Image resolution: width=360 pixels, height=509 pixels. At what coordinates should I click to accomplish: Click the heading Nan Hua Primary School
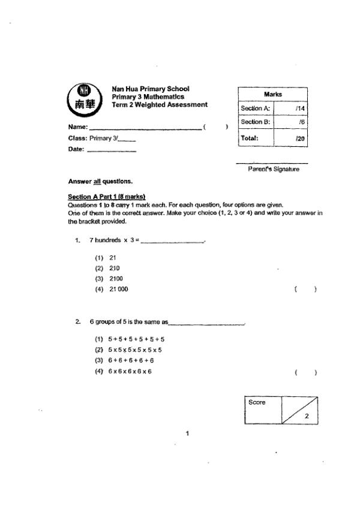pos(151,89)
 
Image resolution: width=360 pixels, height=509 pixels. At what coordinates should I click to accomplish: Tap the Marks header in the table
pos(273,95)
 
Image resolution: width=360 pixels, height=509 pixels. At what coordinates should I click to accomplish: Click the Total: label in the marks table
pos(250,137)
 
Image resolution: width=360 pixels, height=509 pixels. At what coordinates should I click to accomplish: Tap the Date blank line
pos(112,150)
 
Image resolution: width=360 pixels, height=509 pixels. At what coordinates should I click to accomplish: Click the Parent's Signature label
pos(274,169)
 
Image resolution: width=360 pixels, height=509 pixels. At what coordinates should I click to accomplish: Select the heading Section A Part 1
pos(107,197)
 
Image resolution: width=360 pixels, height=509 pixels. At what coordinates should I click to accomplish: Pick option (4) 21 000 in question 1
pos(112,289)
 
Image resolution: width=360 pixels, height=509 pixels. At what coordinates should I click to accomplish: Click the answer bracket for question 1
pos(306,290)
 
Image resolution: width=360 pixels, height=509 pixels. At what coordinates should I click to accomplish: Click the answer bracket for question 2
pos(306,372)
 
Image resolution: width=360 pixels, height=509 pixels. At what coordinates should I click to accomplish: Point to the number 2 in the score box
pos(307,415)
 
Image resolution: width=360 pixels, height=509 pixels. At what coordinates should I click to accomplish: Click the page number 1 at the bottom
pos(187,433)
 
